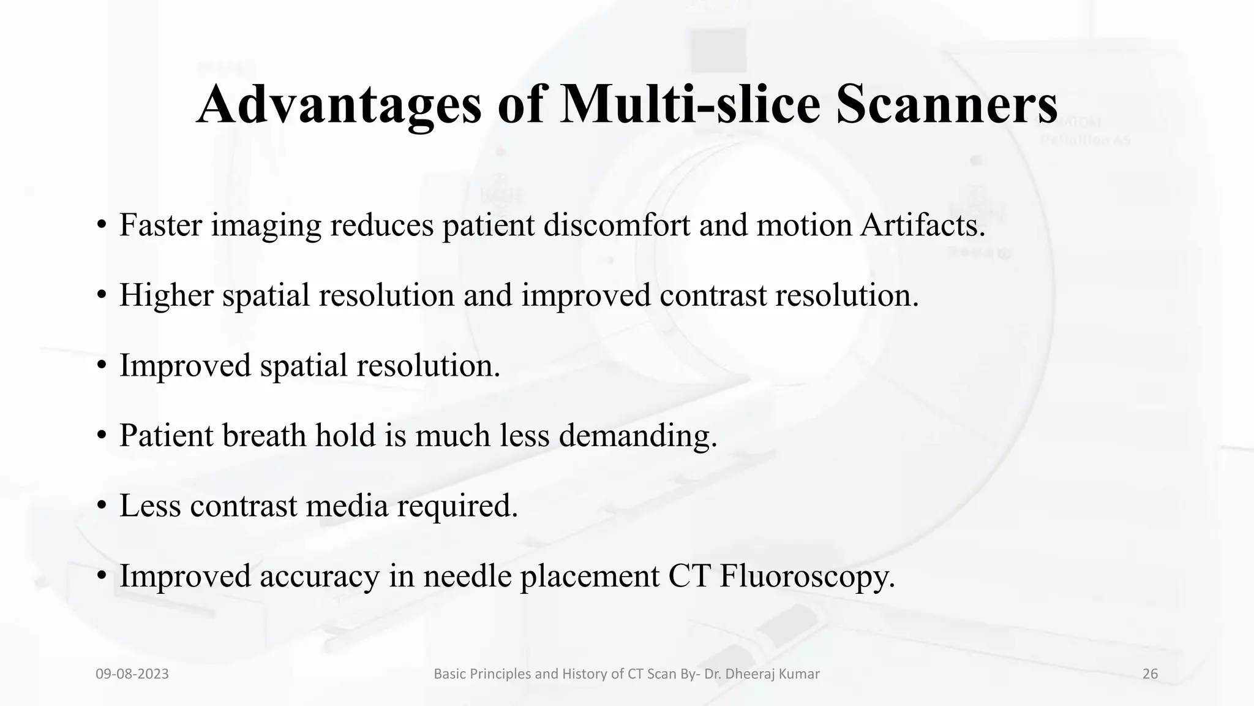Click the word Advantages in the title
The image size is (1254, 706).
click(x=339, y=104)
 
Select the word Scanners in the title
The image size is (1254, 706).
click(x=947, y=104)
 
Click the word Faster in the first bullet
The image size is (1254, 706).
click(x=160, y=225)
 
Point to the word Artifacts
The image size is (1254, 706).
click(x=923, y=225)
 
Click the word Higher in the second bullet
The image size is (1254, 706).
click(x=166, y=295)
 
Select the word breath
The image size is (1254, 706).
click(x=264, y=436)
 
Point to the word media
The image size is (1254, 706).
click(x=347, y=506)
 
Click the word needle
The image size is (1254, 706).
click(x=467, y=576)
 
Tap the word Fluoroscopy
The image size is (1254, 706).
click(x=807, y=576)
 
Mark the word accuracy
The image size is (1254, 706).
click(x=320, y=576)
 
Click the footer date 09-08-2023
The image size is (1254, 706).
click(x=132, y=674)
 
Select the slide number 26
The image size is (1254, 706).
click(x=1150, y=674)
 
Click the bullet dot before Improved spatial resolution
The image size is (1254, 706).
click(x=102, y=366)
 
